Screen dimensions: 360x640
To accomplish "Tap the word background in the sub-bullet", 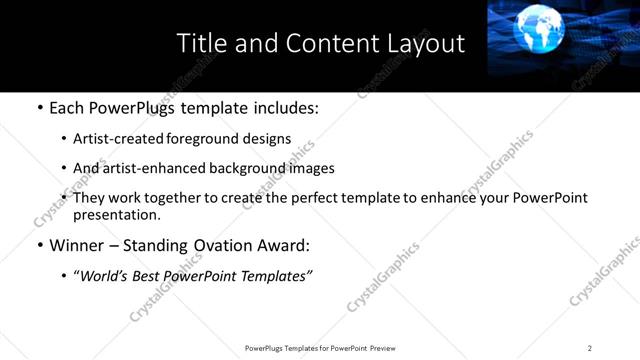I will (x=236, y=168).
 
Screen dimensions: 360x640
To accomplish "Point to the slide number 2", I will (x=590, y=348).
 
